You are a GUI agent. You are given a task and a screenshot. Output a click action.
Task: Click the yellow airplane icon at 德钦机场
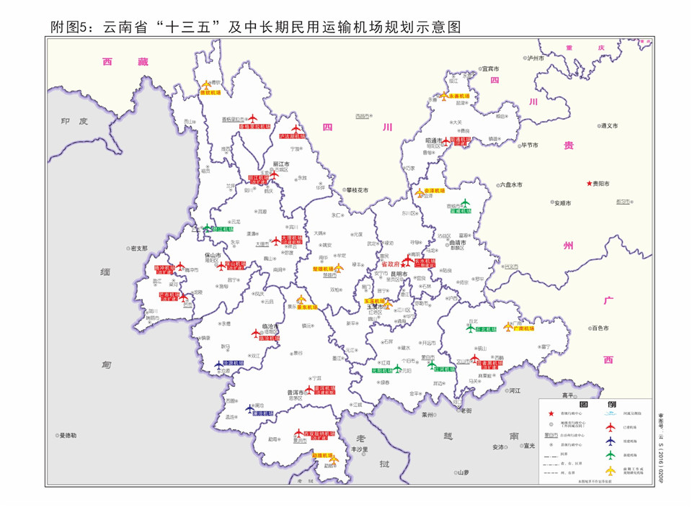pyautogui.click(x=207, y=85)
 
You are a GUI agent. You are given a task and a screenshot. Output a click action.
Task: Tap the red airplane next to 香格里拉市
pyautogui.click(x=252, y=117)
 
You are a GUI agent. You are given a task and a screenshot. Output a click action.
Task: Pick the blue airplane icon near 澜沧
pyautogui.click(x=250, y=407)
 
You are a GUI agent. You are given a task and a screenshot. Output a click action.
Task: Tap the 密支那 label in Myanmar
pyautogui.click(x=138, y=248)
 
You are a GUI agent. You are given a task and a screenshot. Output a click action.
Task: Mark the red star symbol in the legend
pyautogui.click(x=553, y=413)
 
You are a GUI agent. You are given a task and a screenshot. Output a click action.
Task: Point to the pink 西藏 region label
pyautogui.click(x=120, y=63)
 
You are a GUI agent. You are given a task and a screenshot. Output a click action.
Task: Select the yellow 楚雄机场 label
pyautogui.click(x=322, y=268)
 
